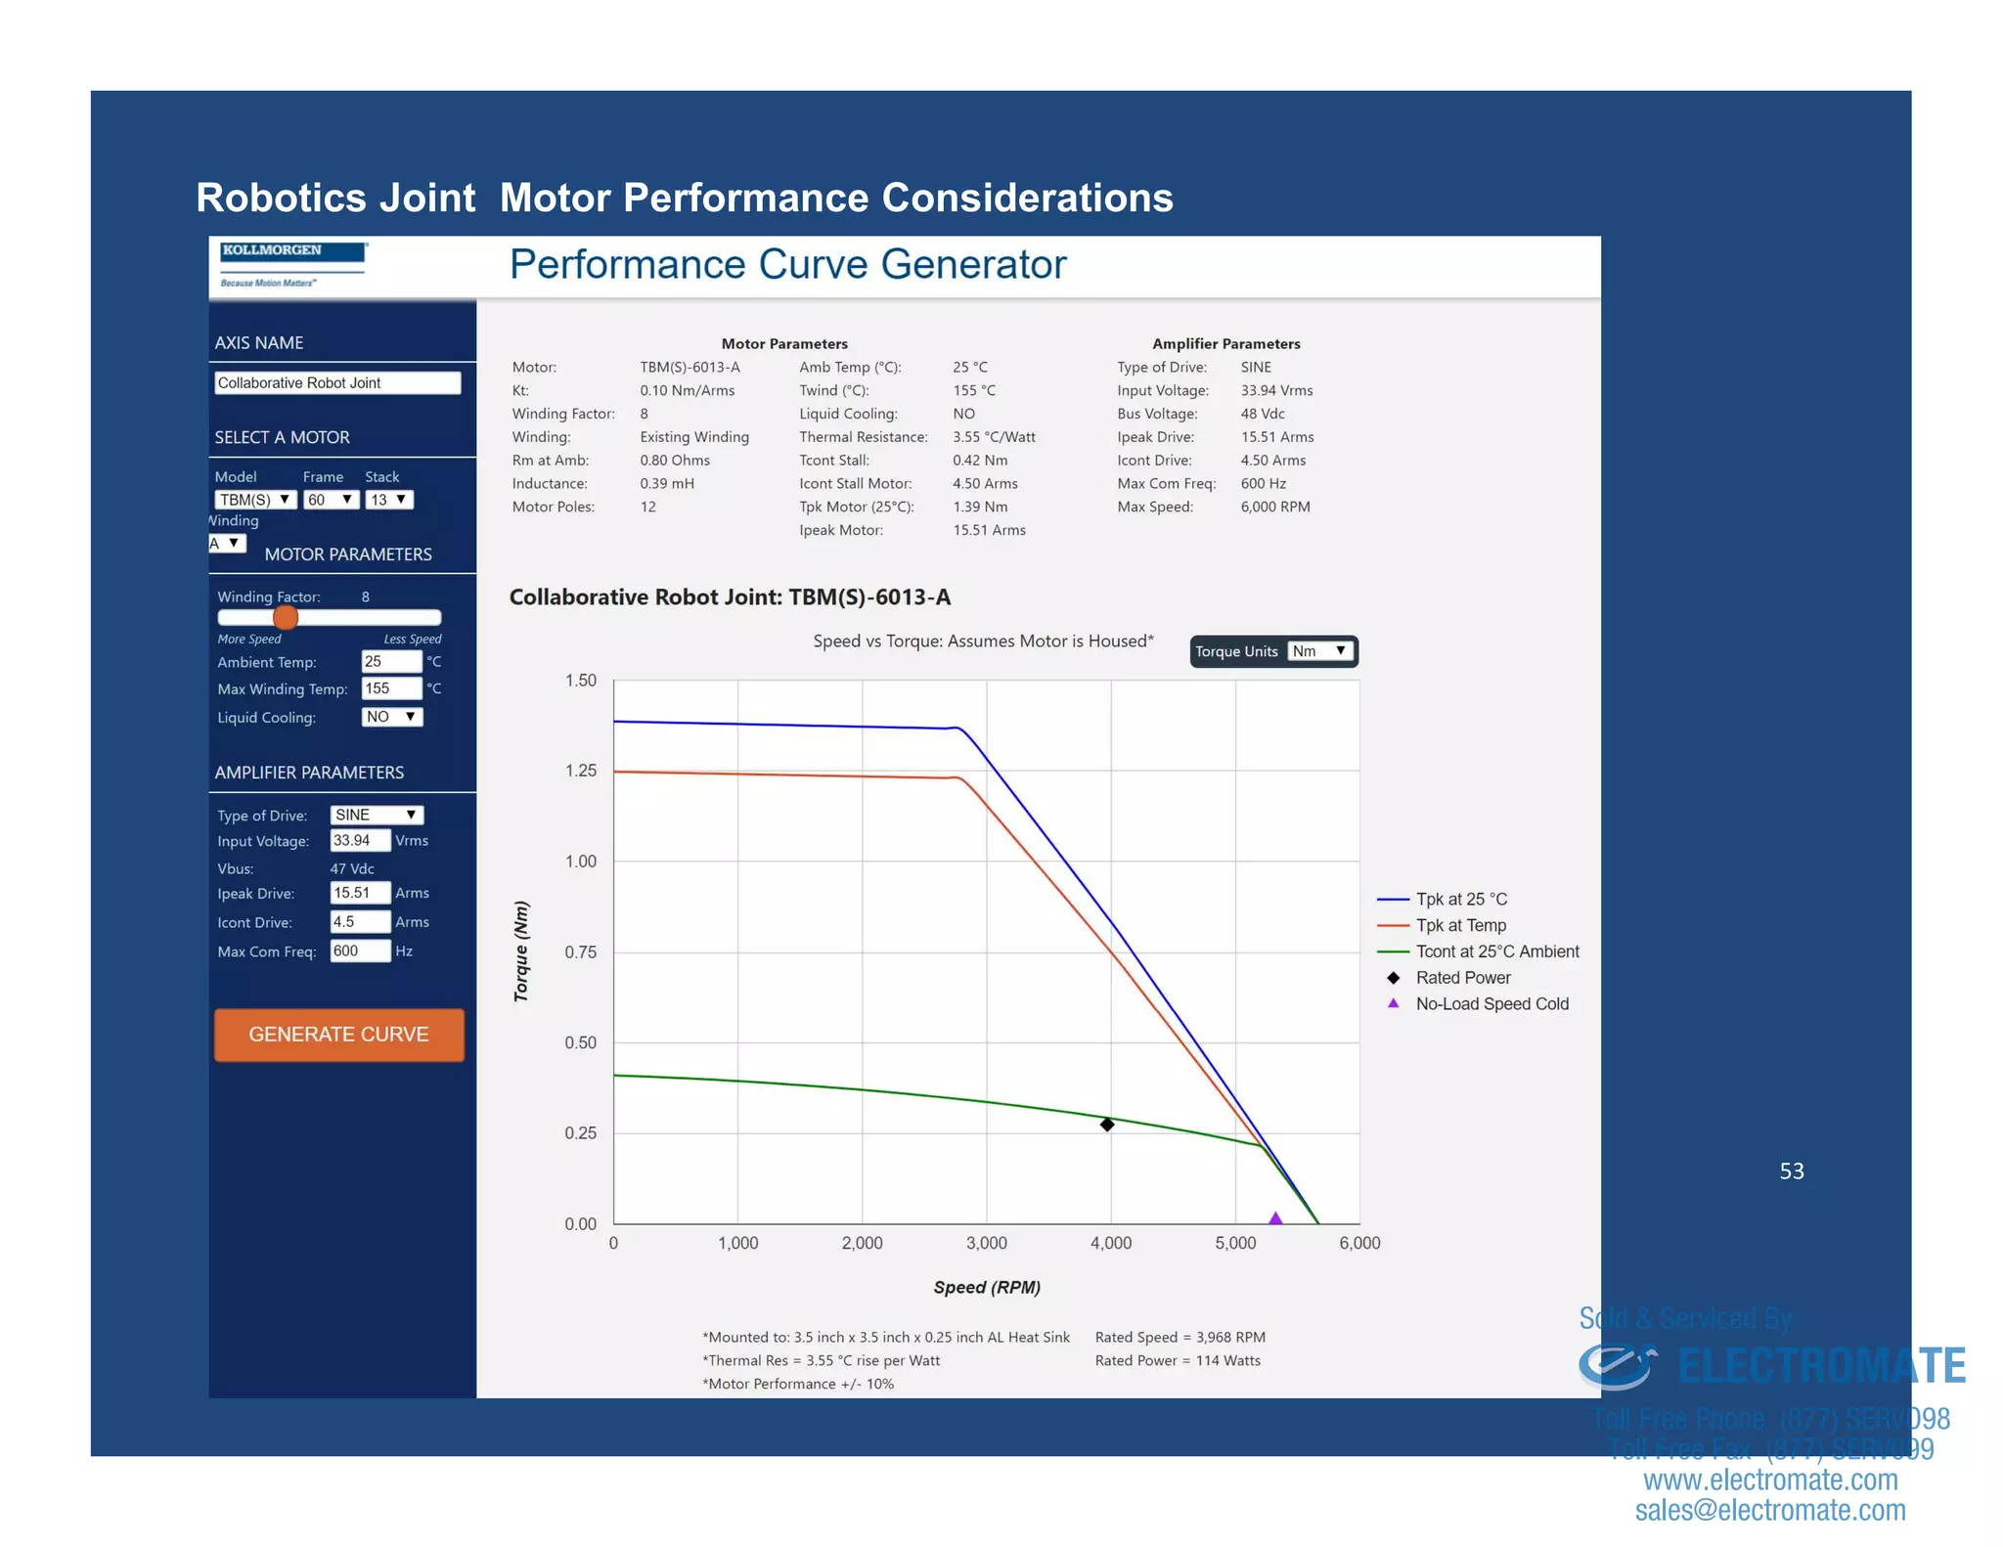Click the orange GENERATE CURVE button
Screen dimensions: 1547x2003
(x=338, y=1035)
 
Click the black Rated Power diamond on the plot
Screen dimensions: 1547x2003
(x=1107, y=1125)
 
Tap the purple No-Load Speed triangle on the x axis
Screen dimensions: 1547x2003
(x=1275, y=1218)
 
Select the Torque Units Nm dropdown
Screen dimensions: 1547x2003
(x=1320, y=651)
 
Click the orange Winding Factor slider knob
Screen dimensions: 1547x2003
(x=286, y=617)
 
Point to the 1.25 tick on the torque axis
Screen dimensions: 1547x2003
(x=580, y=771)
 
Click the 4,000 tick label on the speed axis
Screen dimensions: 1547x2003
(x=1111, y=1243)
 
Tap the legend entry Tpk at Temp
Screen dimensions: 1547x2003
(x=1460, y=925)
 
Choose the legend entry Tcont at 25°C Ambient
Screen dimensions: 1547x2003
(x=1496, y=951)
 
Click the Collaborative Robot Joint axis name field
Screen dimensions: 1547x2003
(x=336, y=383)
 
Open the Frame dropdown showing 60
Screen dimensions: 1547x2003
(x=331, y=500)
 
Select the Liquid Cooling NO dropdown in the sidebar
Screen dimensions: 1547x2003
(x=391, y=717)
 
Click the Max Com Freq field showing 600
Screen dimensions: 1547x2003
(x=359, y=950)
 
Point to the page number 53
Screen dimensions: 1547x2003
(x=1791, y=1171)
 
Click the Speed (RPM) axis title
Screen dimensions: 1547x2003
(x=986, y=1287)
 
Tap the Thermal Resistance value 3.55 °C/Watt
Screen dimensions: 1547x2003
(x=994, y=437)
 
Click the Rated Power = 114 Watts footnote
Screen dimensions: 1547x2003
(x=1178, y=1360)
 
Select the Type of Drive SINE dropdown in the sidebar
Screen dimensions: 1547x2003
(x=377, y=815)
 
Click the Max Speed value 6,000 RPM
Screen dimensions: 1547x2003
(x=1275, y=507)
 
